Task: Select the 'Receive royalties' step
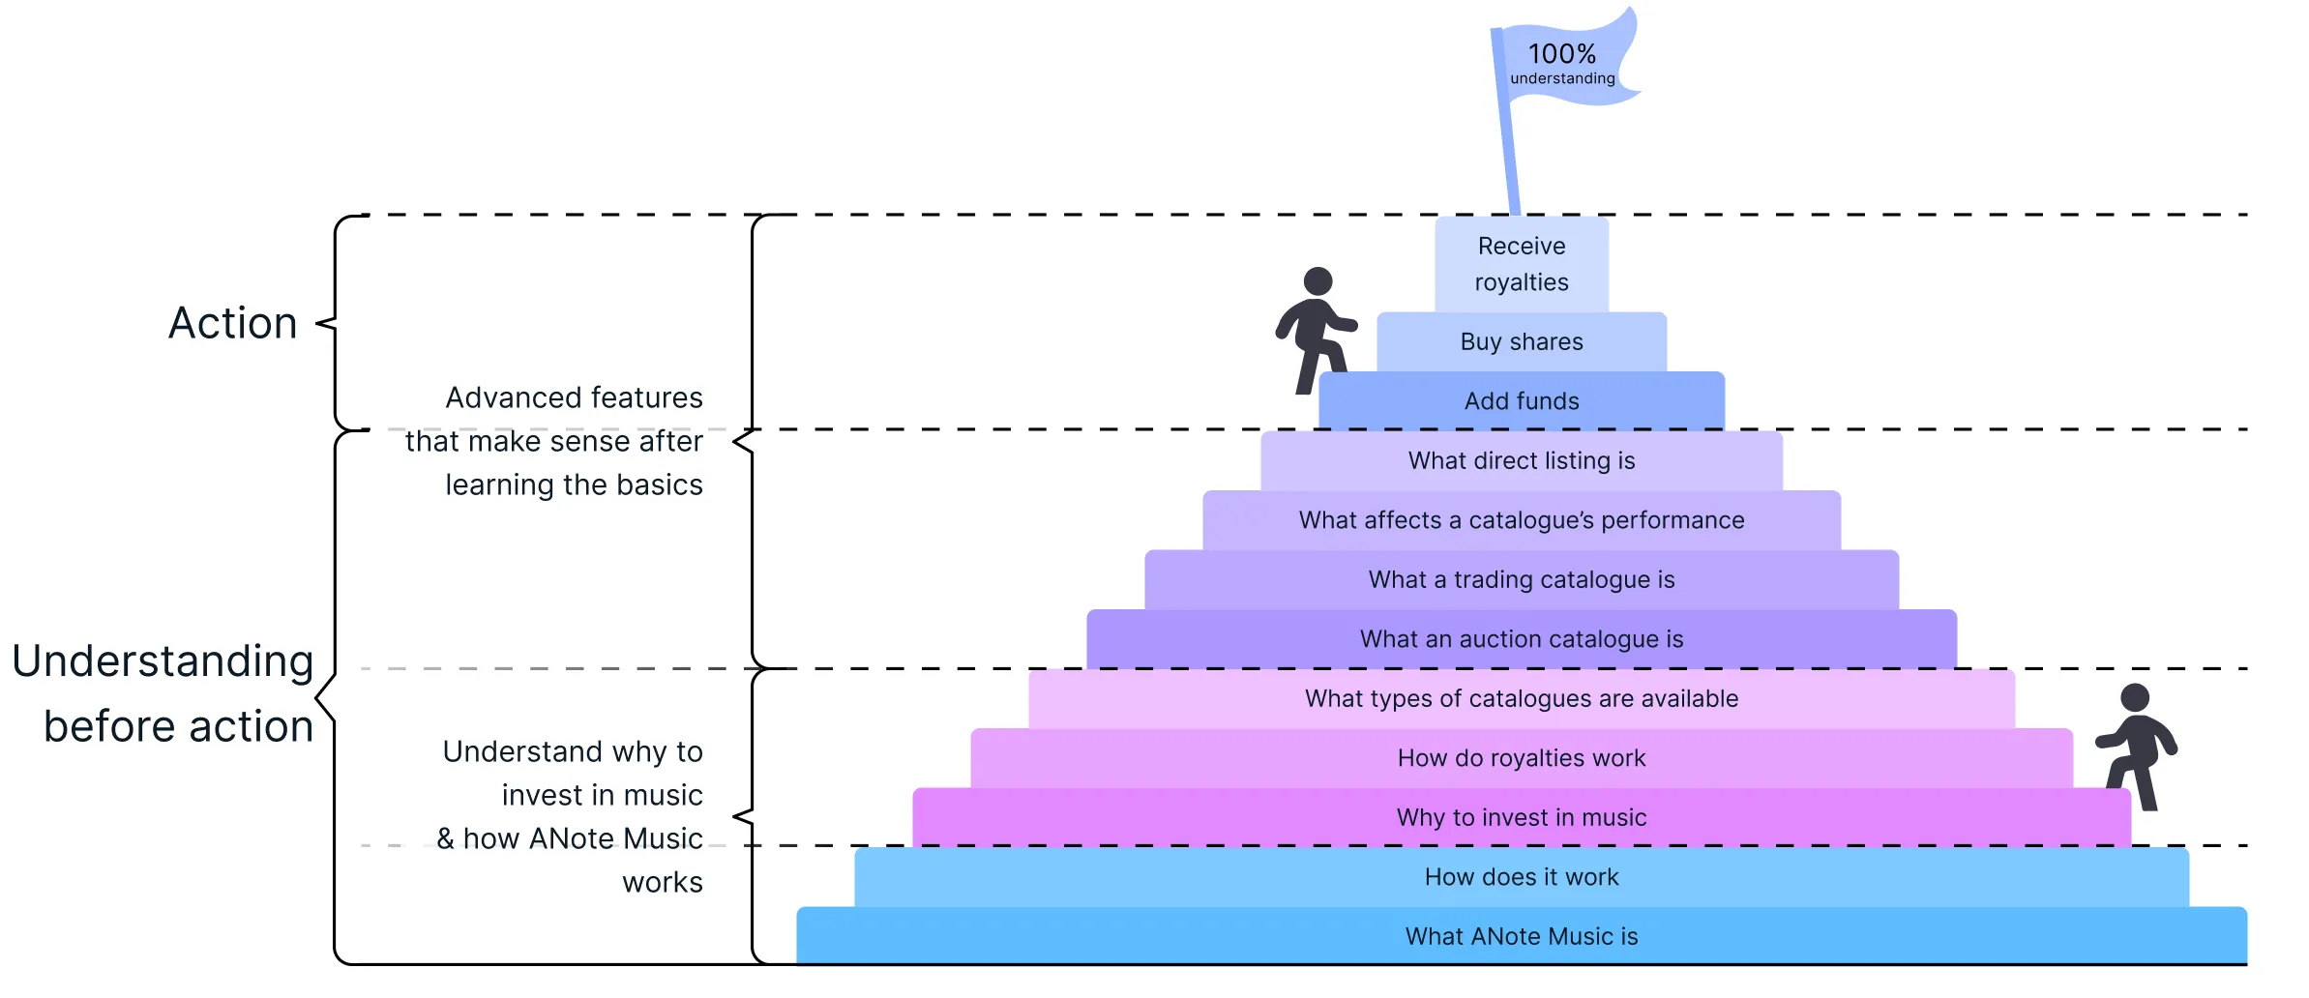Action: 1522,264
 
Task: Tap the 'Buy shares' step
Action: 1522,342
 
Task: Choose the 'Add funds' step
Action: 1522,401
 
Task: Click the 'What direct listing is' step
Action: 1522,461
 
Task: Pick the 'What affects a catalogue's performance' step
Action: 1522,520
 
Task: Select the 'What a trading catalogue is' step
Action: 1522,580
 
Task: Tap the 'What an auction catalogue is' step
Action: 1522,639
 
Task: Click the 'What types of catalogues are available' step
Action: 1522,699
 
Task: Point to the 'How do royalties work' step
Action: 1522,758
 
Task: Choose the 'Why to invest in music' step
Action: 1522,818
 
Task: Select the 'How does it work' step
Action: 1522,877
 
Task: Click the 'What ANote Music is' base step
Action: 1522,936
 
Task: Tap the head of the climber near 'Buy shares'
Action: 1317,281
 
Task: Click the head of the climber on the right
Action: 2135,697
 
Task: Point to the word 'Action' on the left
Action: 233,323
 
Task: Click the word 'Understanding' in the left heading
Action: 163,661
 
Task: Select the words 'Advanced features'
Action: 574,397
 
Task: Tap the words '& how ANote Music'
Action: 570,838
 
